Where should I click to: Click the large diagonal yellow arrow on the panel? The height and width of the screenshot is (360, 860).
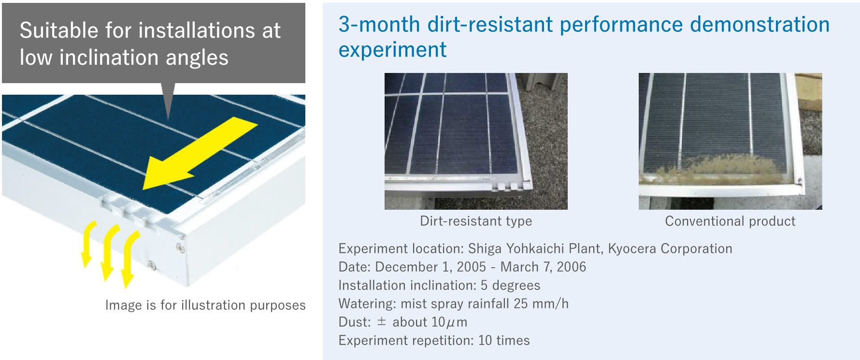(200, 153)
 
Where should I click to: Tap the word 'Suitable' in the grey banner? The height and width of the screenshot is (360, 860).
(59, 30)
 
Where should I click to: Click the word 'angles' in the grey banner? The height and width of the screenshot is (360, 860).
(197, 58)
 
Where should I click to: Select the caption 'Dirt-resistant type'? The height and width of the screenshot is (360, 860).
(476, 221)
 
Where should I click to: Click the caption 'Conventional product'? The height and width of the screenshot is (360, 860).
(730, 221)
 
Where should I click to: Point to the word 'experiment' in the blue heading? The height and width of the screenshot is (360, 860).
(392, 50)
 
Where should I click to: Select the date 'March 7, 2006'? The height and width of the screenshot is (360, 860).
(543, 267)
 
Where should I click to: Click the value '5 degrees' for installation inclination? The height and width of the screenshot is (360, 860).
(511, 285)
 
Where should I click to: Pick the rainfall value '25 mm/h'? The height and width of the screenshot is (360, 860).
(541, 303)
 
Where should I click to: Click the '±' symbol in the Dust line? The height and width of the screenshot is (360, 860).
(382, 321)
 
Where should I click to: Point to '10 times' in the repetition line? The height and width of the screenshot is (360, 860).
(504, 340)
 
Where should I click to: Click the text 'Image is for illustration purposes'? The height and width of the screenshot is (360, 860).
(205, 305)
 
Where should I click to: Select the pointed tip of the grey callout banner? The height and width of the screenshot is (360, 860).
(168, 119)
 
